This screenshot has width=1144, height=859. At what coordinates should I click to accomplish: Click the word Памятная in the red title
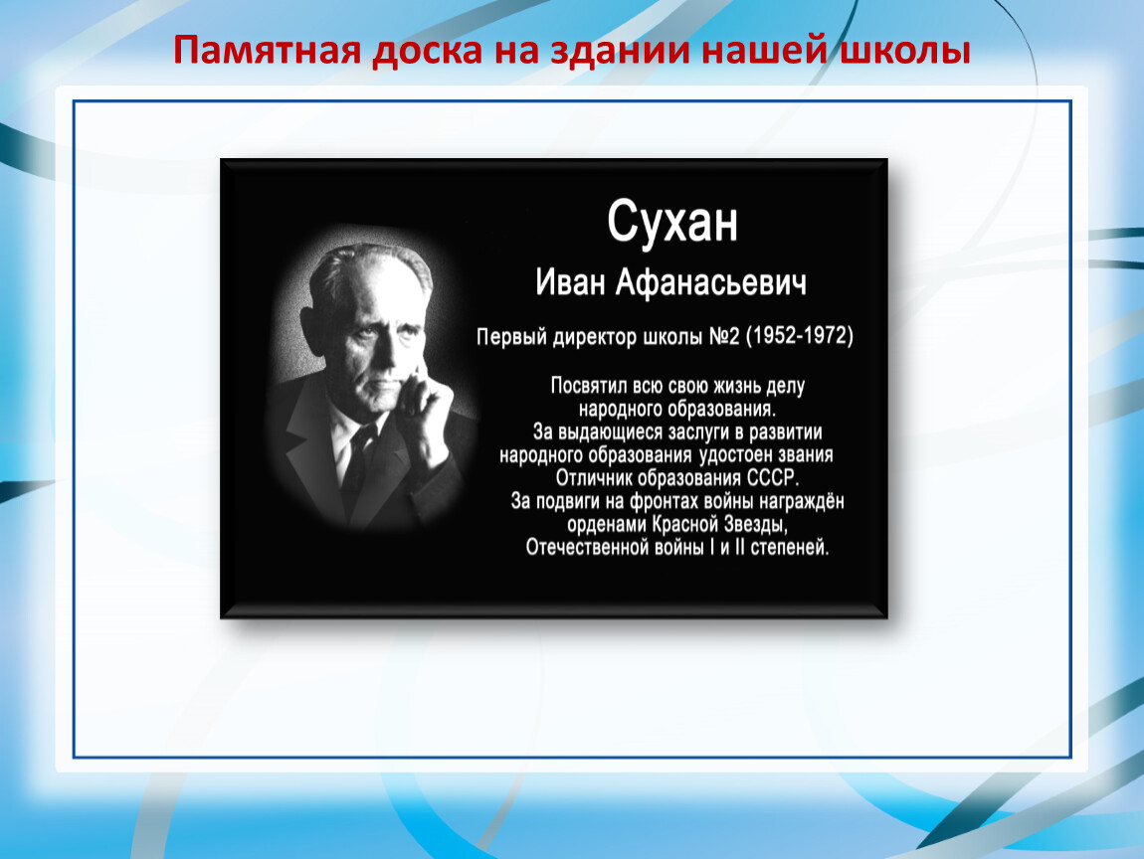tap(267, 51)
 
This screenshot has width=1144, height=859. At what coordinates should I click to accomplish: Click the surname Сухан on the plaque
tap(671, 222)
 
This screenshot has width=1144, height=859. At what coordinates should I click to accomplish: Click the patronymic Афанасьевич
tap(711, 283)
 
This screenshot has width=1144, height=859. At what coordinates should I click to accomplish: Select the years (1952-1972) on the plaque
tap(800, 335)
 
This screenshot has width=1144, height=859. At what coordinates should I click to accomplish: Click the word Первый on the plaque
tap(511, 336)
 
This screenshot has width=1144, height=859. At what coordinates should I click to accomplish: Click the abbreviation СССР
tap(773, 478)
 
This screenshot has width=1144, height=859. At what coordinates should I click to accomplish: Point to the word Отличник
tap(594, 478)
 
